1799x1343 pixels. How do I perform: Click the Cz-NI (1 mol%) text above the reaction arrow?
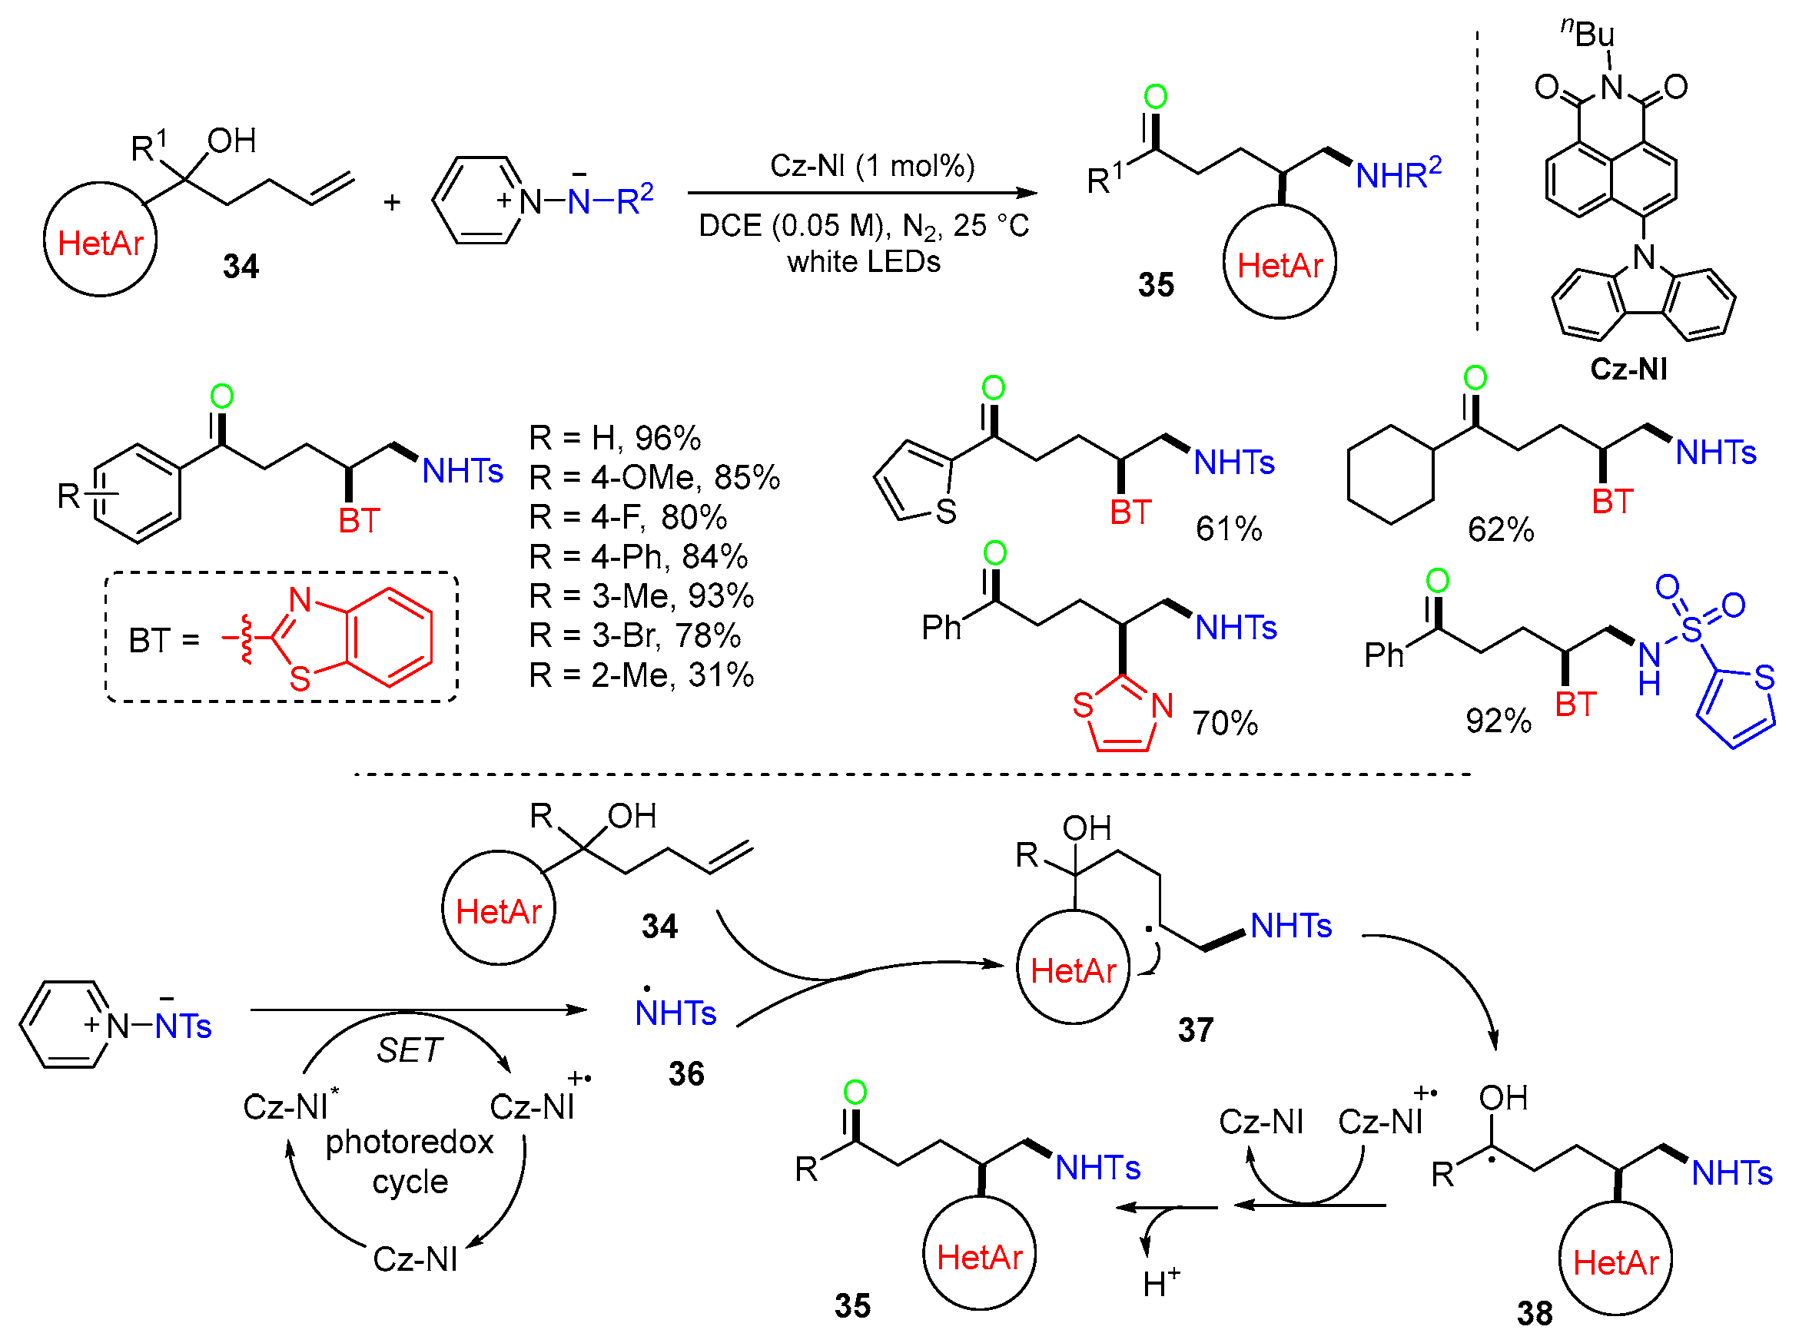871,166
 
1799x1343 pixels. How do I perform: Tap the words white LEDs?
862,262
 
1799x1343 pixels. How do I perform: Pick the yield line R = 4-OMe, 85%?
654,477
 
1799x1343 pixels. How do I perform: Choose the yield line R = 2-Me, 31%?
641,675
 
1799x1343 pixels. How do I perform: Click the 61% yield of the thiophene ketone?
1227,529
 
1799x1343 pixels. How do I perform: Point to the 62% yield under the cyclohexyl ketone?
1499,529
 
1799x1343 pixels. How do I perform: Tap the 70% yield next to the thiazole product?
1223,723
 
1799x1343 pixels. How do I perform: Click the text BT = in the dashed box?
164,641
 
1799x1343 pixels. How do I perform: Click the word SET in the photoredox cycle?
409,1050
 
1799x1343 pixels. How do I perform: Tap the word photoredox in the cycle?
409,1142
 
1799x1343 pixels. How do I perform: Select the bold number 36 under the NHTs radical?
685,1074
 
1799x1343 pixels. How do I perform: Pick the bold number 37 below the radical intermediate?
1194,1030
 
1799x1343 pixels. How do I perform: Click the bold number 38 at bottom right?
1533,1314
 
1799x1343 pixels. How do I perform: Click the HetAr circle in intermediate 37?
1072,968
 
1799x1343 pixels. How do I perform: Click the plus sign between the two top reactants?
392,201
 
